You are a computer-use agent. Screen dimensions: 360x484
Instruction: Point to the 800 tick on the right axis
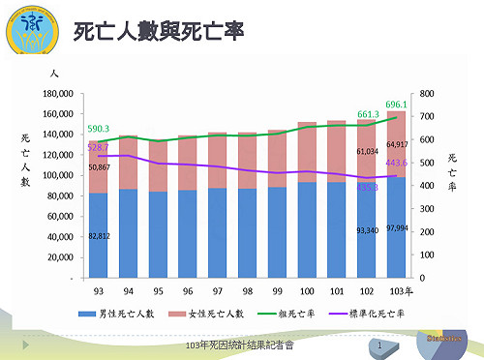[x=428, y=94]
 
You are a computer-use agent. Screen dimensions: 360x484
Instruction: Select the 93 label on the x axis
[x=98, y=290]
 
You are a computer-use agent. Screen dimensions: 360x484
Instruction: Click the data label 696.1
[x=396, y=105]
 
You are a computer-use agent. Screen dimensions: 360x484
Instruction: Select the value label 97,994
[x=398, y=228]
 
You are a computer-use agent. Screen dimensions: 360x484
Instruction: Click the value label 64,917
[x=398, y=144]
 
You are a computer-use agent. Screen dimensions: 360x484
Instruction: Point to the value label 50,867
[x=99, y=167]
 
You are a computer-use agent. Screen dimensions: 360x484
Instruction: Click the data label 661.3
[x=368, y=114]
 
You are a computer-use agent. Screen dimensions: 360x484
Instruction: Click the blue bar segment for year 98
[x=248, y=232]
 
